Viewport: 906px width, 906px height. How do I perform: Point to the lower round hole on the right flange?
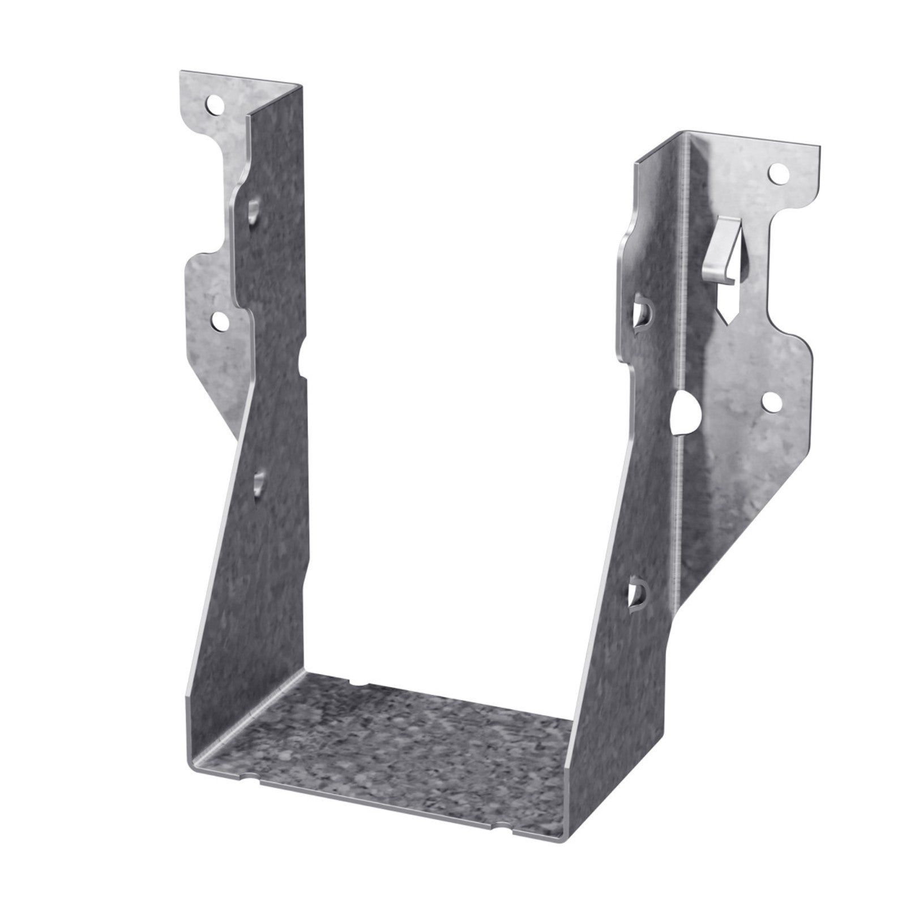coord(769,401)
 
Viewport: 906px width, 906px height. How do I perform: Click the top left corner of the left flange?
coord(181,72)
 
